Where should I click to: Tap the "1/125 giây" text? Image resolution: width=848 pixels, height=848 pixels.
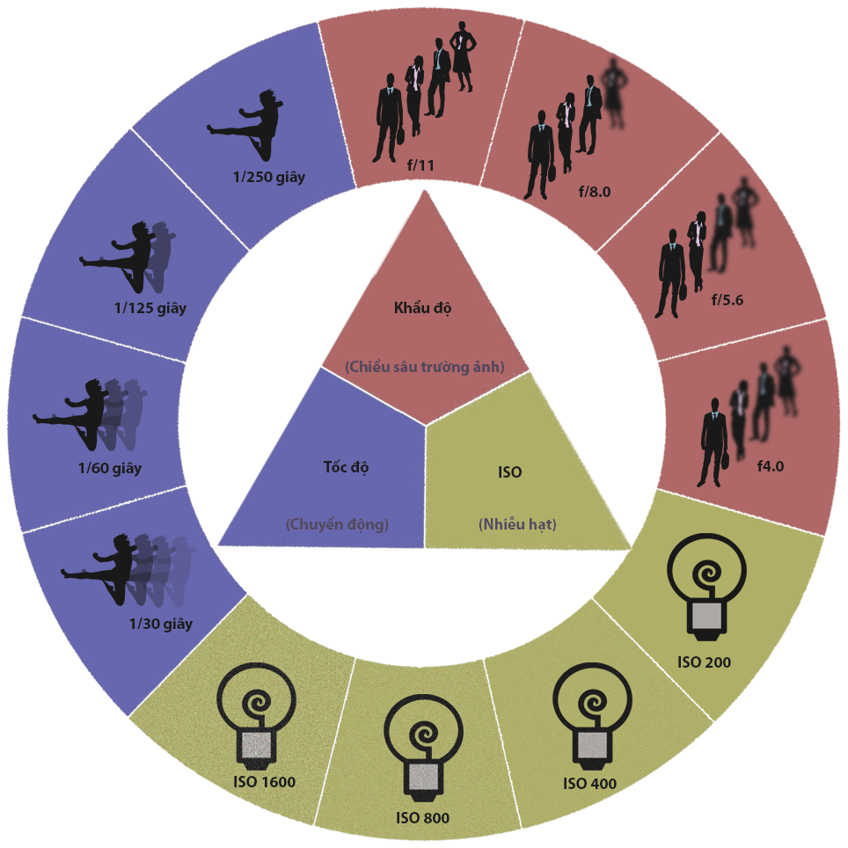coord(150,308)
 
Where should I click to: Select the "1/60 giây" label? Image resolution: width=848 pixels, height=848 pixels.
coord(109,468)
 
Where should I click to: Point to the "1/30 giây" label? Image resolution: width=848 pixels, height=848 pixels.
coord(161,624)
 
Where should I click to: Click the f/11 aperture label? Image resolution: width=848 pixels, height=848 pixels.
coord(420,164)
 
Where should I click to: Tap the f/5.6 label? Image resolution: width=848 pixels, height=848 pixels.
coord(727,299)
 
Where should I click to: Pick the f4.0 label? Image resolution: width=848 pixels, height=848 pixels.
coord(770,465)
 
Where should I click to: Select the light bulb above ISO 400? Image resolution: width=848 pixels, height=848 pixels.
coord(591,712)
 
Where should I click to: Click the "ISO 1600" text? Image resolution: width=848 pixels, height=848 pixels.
coord(264,782)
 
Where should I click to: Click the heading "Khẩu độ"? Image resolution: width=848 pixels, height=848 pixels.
coord(422,309)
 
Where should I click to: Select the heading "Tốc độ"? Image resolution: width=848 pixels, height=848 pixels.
coord(346,466)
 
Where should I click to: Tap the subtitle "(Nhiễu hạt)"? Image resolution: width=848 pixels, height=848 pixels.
coord(517,524)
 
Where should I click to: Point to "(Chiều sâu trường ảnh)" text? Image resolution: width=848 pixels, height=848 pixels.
coord(425,367)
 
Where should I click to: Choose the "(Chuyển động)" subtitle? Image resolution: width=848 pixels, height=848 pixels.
coord(337,524)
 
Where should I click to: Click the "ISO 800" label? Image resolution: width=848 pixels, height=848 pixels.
coord(422,818)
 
